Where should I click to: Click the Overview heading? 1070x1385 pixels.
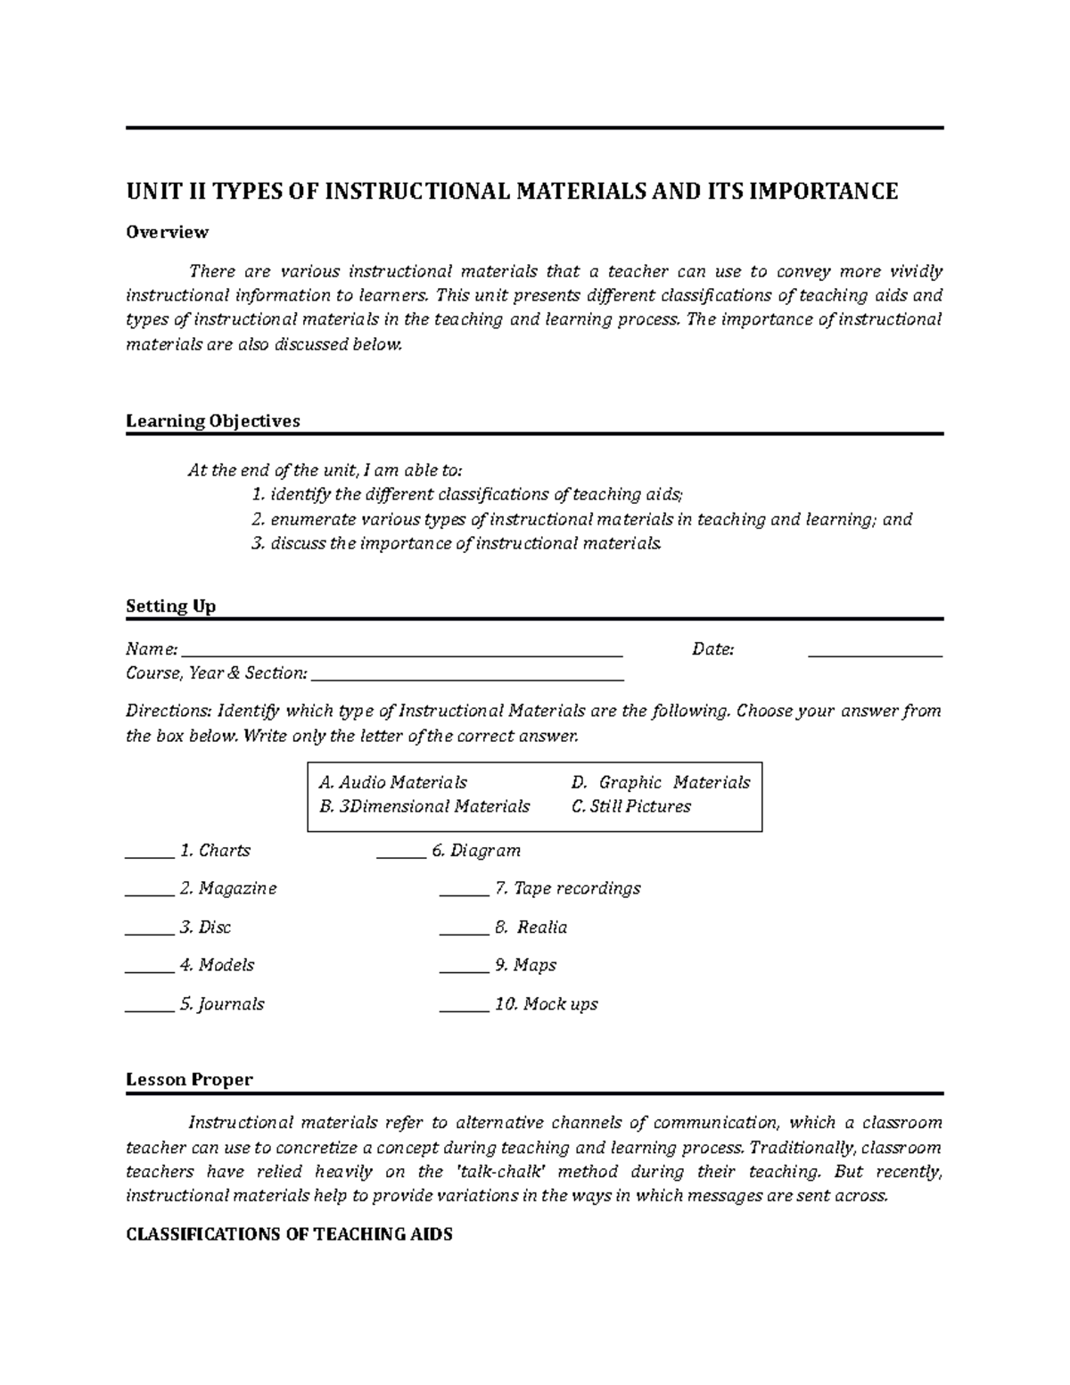167,232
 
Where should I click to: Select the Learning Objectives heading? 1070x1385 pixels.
212,421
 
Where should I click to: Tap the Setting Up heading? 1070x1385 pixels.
170,606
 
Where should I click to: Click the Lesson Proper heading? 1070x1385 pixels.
189,1079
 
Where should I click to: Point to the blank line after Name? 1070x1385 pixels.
401,654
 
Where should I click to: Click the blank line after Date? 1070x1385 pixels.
875,654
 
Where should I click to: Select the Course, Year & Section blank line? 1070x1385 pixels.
467,678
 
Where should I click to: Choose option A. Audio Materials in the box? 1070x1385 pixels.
392,782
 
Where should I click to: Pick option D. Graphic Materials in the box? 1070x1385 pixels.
661,782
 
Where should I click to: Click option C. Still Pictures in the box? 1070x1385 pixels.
631,806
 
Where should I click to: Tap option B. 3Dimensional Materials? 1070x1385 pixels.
424,806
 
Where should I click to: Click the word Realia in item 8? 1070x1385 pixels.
542,927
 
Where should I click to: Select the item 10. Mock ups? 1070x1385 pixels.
546,1004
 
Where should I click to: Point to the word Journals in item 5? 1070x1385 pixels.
232,1004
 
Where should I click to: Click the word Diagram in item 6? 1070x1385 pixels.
485,851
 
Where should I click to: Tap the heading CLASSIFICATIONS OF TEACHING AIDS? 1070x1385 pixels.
289,1234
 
